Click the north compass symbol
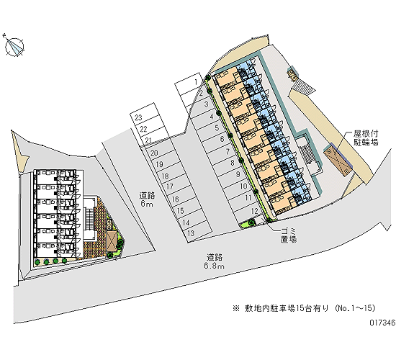(14, 46)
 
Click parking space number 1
(192, 84)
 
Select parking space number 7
(222, 153)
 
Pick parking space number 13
(197, 232)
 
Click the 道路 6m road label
(147, 199)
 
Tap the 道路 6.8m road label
(215, 261)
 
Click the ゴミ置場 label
(289, 235)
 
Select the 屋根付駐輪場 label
(366, 138)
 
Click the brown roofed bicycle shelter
(338, 161)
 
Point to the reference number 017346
(382, 323)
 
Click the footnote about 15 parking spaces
(305, 308)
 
